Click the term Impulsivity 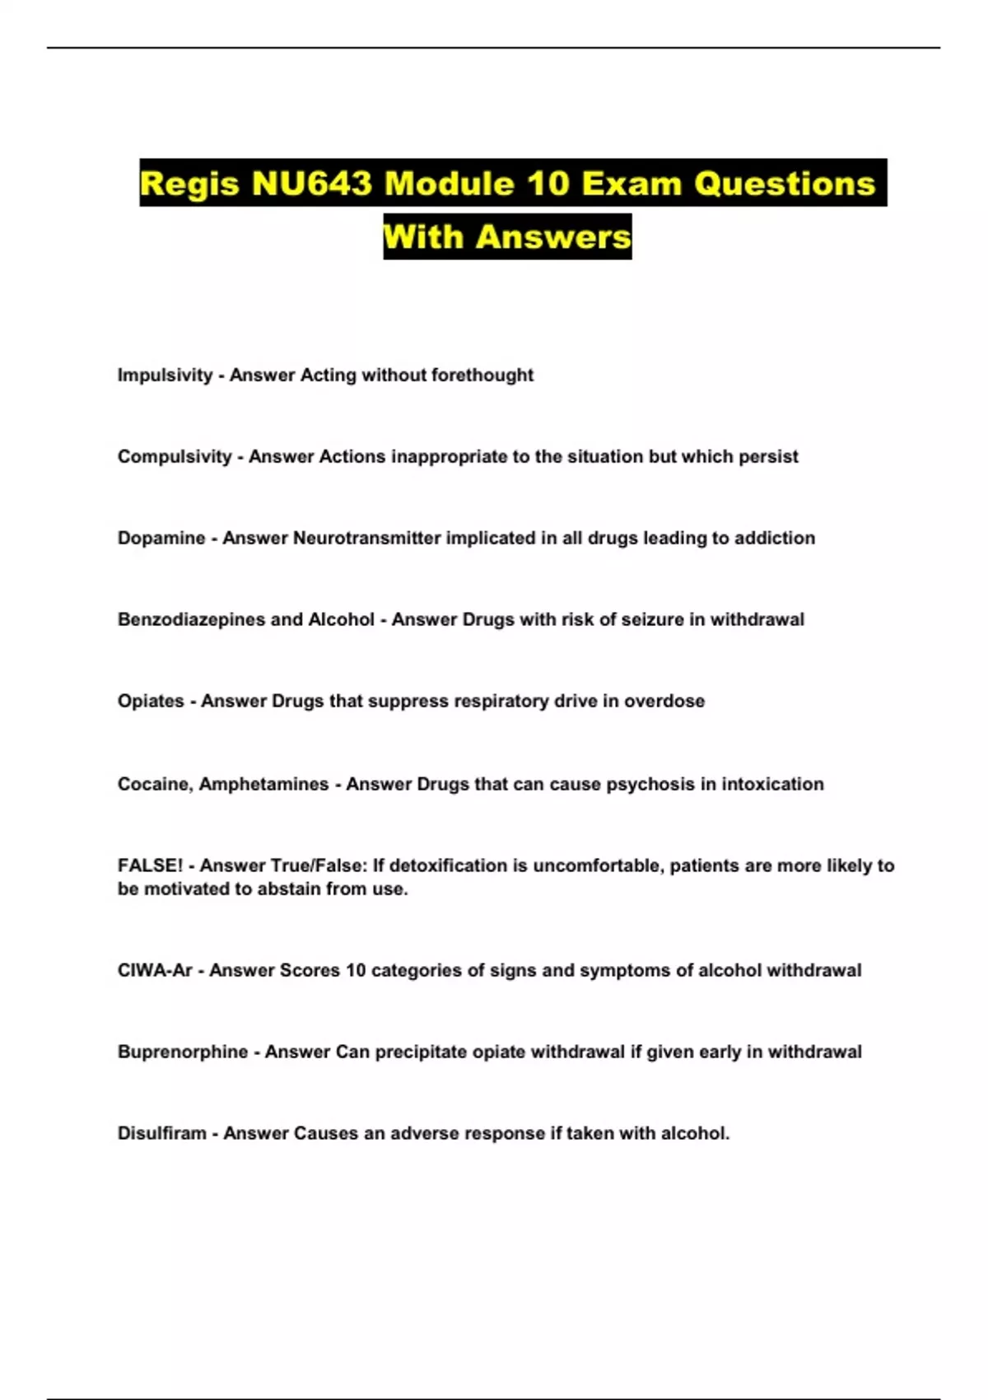(165, 376)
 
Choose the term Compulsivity (175, 457)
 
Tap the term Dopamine (161, 539)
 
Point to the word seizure (627, 620)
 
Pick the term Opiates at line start (151, 702)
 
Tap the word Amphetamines (263, 785)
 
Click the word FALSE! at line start (150, 866)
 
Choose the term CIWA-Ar (155, 971)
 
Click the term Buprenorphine (183, 1052)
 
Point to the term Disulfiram (162, 1134)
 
